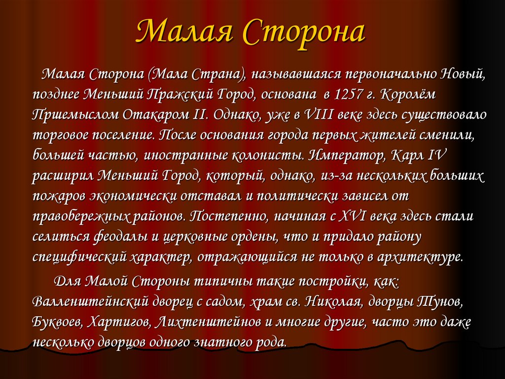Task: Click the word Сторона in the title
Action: (304, 33)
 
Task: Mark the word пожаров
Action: (59, 196)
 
